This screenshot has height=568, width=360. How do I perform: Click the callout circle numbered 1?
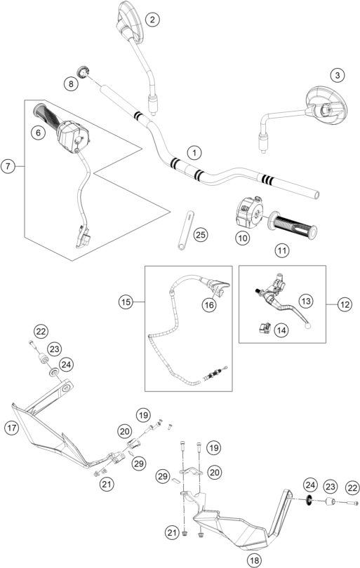pos(194,153)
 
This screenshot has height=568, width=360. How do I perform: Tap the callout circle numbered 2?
pos(152,19)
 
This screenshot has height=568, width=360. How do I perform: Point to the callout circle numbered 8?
pos(71,84)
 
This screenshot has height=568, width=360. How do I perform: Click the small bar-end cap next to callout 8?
pos(84,72)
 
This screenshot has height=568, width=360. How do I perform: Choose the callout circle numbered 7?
pos(8,166)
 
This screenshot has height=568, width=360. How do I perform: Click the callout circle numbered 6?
pos(38,133)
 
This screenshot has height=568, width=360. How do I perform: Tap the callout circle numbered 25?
pos(201,235)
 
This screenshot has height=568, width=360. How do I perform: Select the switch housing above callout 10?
pos(249,211)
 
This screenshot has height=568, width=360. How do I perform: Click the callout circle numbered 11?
pos(282,250)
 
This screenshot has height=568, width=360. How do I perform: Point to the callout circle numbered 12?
pos(344,304)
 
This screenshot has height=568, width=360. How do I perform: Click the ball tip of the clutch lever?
pos(308,326)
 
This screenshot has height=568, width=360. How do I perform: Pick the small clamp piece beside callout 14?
pos(265,327)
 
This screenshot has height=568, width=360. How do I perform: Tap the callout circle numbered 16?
pos(209,305)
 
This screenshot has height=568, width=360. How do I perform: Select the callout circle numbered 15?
pos(126,302)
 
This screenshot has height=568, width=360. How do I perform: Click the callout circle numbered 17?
pos(12,428)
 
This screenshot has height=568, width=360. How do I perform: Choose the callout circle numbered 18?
pos(255,560)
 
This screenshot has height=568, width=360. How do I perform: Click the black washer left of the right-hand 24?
pos(309,500)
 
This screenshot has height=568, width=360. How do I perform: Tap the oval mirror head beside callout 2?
pos(129,19)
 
